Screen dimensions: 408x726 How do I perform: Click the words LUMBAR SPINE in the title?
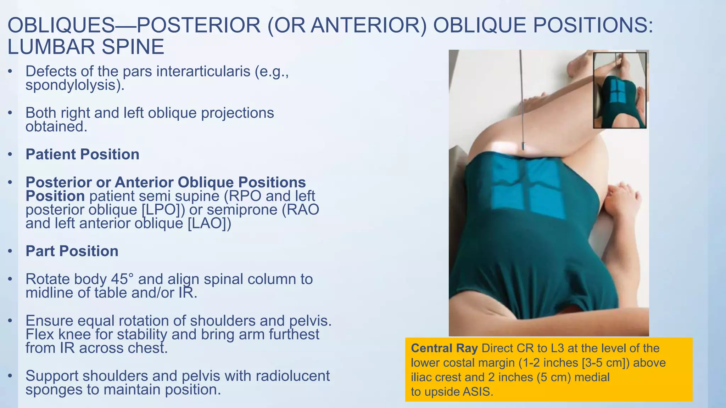pyautogui.click(x=86, y=47)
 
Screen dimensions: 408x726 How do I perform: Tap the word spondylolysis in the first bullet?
pyautogui.click(x=72, y=85)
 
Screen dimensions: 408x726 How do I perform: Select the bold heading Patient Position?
pyautogui.click(x=82, y=154)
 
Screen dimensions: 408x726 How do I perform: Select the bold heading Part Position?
pyautogui.click(x=72, y=251)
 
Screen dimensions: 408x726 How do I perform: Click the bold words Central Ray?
pyautogui.click(x=444, y=348)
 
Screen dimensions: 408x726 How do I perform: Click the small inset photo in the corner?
pyautogui.click(x=620, y=90)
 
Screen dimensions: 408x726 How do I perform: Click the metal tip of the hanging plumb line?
pyautogui.click(x=523, y=146)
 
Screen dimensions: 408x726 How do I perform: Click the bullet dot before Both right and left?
pyautogui.click(x=10, y=113)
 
